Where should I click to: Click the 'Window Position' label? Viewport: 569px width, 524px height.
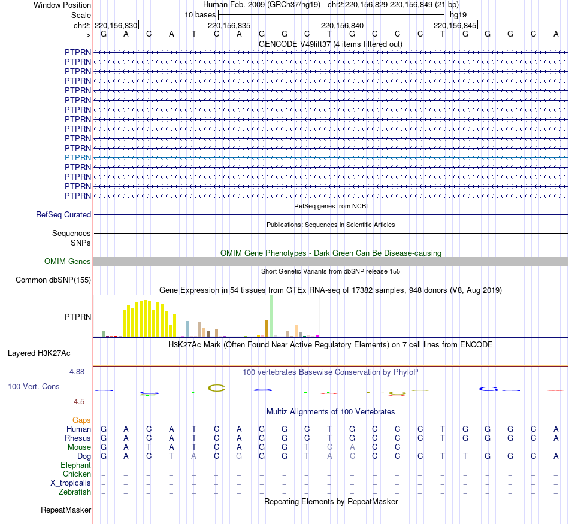tap(62, 5)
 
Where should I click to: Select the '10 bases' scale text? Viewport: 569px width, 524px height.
tap(200, 14)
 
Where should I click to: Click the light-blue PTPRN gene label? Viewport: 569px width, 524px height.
tap(78, 157)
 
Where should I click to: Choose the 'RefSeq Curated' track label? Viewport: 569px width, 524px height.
tap(63, 214)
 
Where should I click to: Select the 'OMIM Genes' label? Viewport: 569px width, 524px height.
tap(68, 261)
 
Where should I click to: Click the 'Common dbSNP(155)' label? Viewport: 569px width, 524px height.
tap(53, 280)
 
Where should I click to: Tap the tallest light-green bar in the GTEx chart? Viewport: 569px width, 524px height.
tap(271, 316)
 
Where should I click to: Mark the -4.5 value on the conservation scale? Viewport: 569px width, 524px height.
tap(80, 402)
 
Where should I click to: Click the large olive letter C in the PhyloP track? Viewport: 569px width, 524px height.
tap(216, 388)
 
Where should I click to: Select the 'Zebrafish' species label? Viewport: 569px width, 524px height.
tap(75, 492)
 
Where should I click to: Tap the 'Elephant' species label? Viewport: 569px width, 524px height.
tap(75, 465)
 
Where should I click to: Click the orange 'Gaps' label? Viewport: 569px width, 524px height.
tap(81, 420)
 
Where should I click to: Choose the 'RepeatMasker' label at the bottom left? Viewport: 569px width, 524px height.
tap(66, 510)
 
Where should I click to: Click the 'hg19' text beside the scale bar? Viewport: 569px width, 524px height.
tap(458, 14)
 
